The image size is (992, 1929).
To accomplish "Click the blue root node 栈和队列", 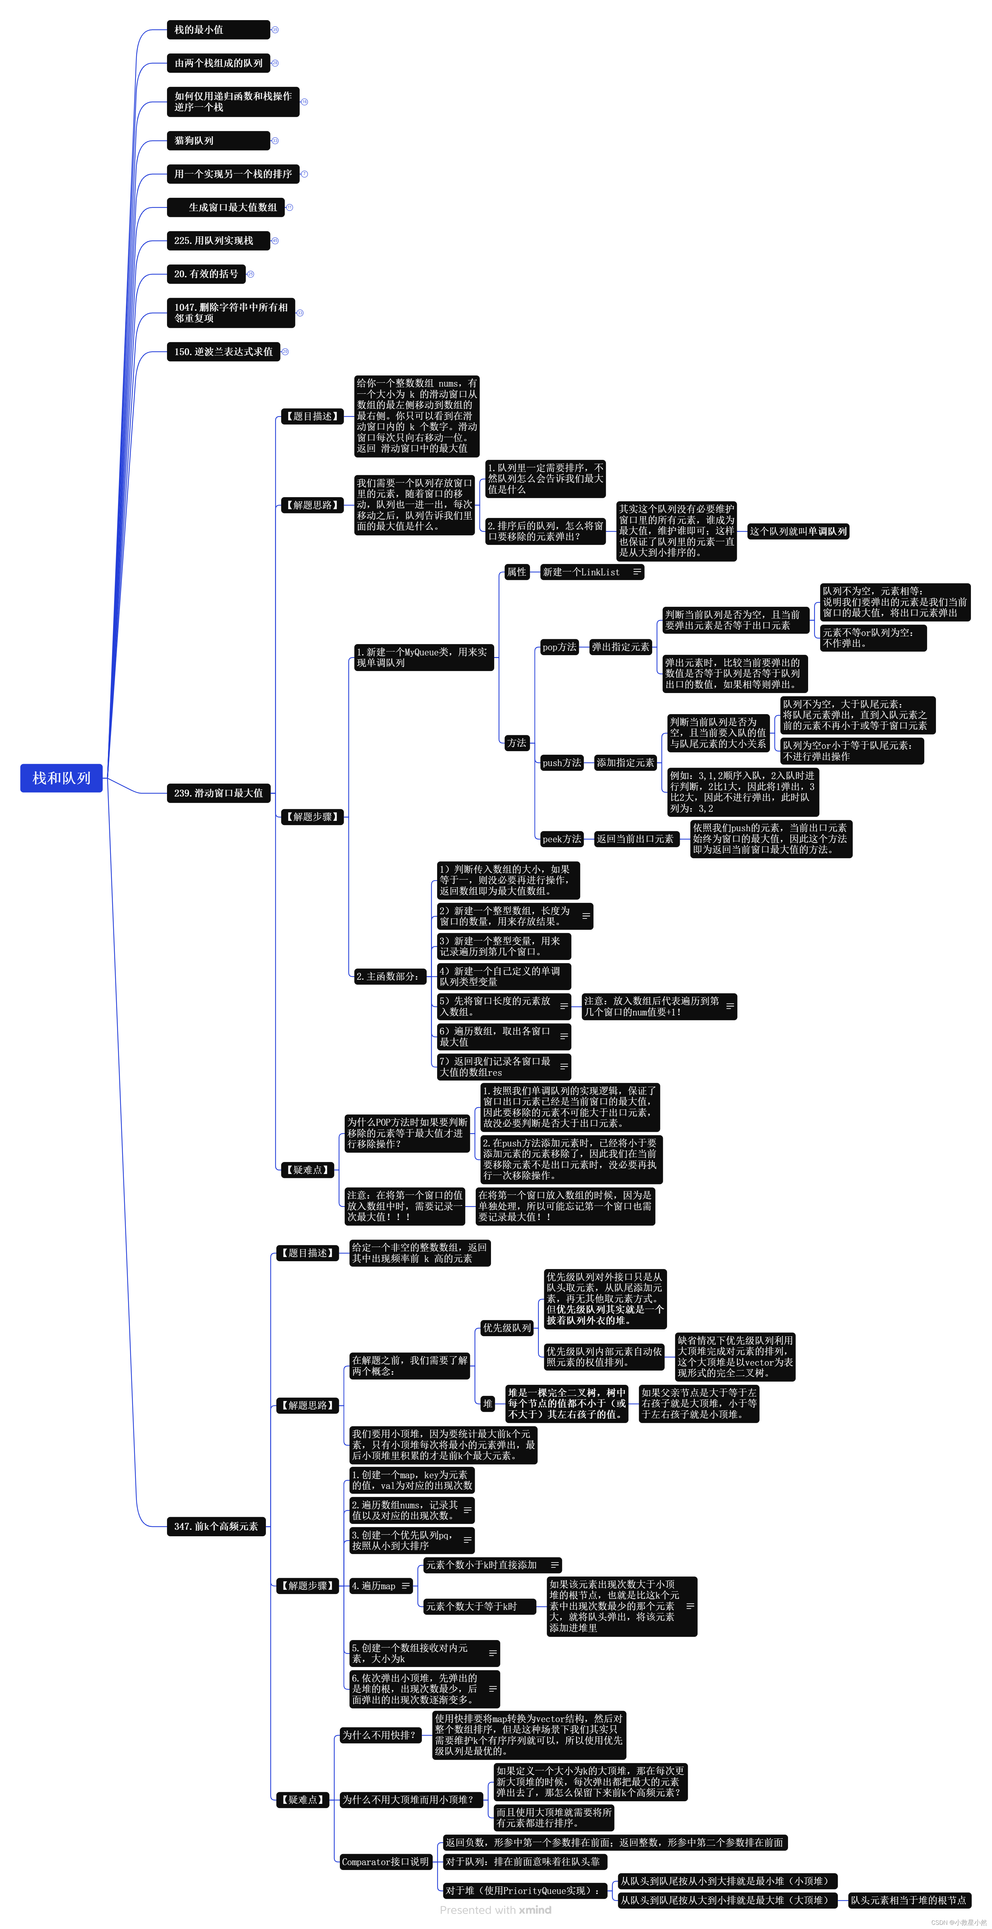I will point(61,778).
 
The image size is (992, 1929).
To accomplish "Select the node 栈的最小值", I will point(217,30).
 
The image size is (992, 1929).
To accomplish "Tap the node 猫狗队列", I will point(217,141).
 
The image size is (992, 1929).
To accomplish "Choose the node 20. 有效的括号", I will point(206,274).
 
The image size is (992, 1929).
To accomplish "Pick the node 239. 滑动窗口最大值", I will point(219,793).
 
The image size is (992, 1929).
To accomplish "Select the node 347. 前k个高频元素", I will point(216,1526).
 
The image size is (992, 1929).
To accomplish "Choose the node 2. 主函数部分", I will point(388,976).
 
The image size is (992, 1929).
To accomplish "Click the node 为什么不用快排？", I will point(380,1735).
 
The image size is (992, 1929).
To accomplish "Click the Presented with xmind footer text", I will point(496,1910).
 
